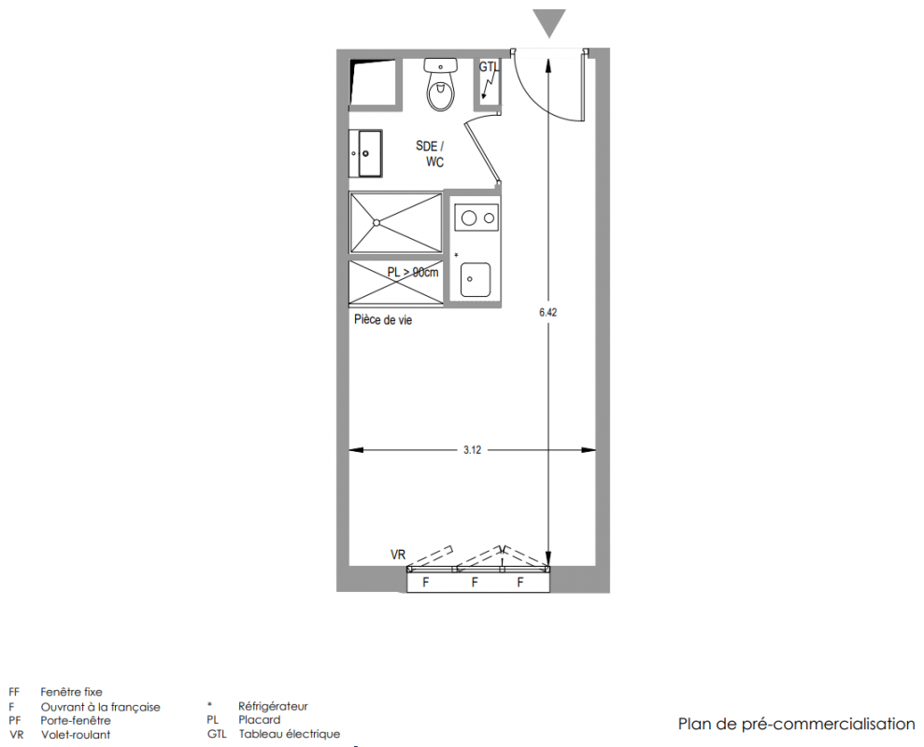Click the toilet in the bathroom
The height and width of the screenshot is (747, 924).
[x=441, y=84]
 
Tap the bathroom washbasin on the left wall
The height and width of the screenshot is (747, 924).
[x=365, y=153]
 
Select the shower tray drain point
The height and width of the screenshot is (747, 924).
[x=376, y=222]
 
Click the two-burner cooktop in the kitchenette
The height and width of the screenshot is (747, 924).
[x=476, y=218]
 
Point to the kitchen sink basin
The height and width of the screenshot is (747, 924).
[x=476, y=279]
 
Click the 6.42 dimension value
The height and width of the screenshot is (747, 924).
[x=548, y=312]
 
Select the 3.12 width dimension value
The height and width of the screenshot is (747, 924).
[x=472, y=450]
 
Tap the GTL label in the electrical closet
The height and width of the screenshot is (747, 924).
[x=489, y=67]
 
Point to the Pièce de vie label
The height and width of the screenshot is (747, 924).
[x=383, y=320]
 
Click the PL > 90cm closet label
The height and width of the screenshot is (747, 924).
[x=413, y=272]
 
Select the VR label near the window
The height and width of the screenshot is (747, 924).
[x=398, y=555]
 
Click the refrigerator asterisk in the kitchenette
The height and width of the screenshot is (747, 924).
[x=456, y=255]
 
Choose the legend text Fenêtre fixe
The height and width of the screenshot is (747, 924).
[x=71, y=692]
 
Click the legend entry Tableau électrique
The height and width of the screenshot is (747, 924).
[x=290, y=734]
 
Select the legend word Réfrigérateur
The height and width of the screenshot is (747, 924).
[x=273, y=706]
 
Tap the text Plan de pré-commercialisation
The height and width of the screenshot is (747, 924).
[x=797, y=724]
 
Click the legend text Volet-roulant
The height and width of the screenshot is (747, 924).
[x=76, y=735]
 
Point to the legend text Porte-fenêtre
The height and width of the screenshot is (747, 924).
[x=76, y=721]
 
